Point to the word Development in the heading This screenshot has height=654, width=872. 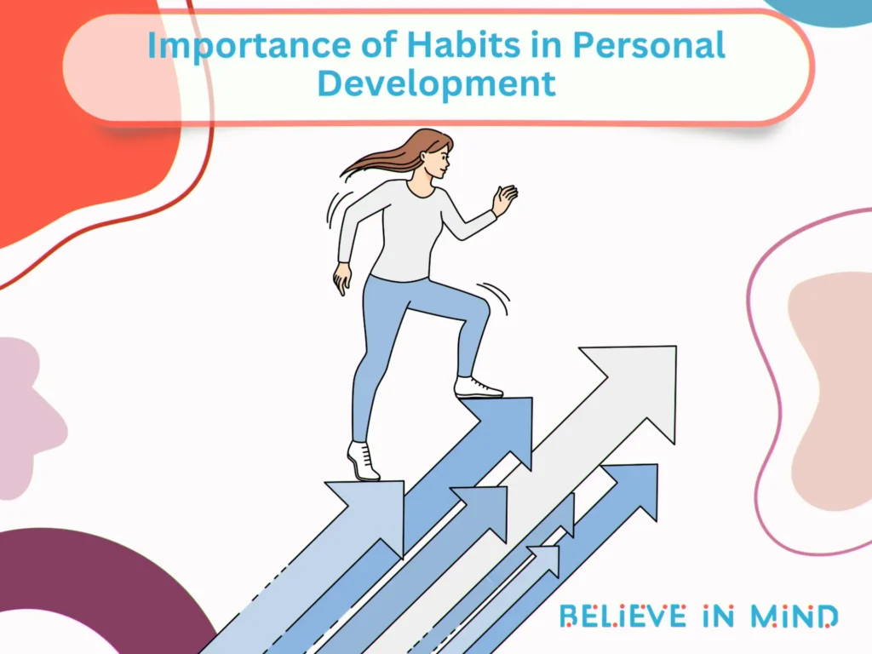(x=437, y=84)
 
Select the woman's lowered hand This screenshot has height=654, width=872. (x=343, y=278)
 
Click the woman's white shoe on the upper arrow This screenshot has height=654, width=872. (x=476, y=387)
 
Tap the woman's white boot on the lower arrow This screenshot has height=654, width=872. (x=363, y=462)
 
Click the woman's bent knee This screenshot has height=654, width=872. (x=479, y=307)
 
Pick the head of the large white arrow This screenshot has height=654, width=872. (x=634, y=383)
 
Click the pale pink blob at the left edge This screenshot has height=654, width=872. (x=26, y=409)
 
